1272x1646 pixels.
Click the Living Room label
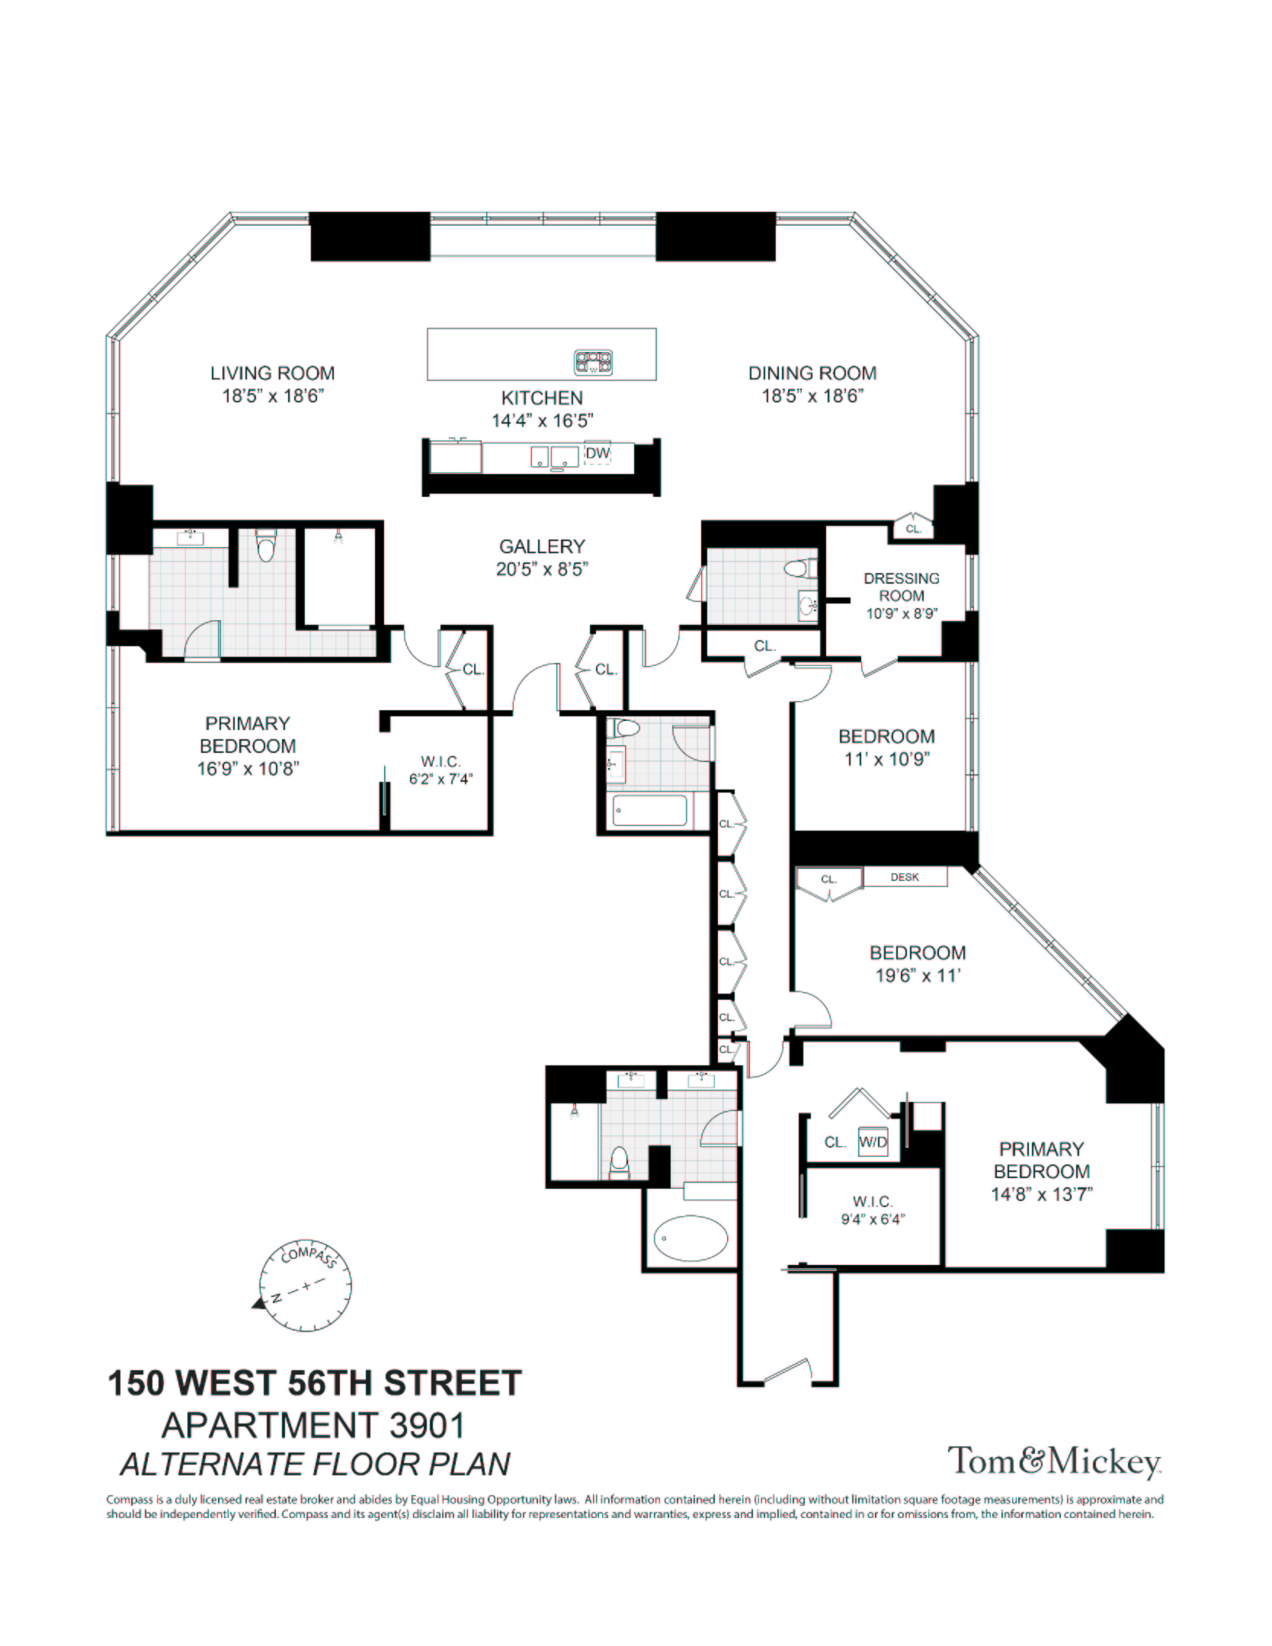tap(272, 373)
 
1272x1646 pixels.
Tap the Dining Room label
tap(812, 373)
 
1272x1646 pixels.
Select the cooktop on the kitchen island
tap(593, 362)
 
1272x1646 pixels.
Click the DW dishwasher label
tap(598, 453)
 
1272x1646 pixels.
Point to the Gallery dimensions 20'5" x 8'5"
tap(542, 569)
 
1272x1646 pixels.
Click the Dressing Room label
tap(902, 587)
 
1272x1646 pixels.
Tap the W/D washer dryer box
tap(873, 1142)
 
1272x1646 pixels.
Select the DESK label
tap(905, 877)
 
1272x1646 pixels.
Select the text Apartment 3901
tap(313, 1426)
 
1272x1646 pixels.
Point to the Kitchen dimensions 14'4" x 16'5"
tap(542, 421)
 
